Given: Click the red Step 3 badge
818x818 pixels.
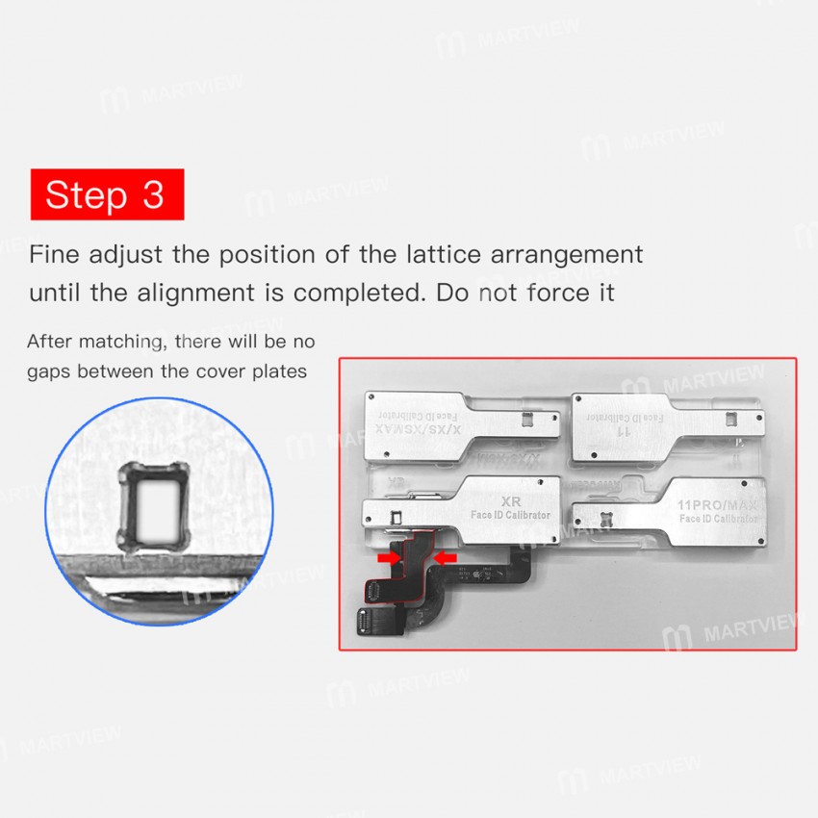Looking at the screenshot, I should click(x=106, y=194).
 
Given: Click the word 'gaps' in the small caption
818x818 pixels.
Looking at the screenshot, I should click(x=49, y=371).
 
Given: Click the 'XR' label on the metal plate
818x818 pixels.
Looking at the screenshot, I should click(x=511, y=501).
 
